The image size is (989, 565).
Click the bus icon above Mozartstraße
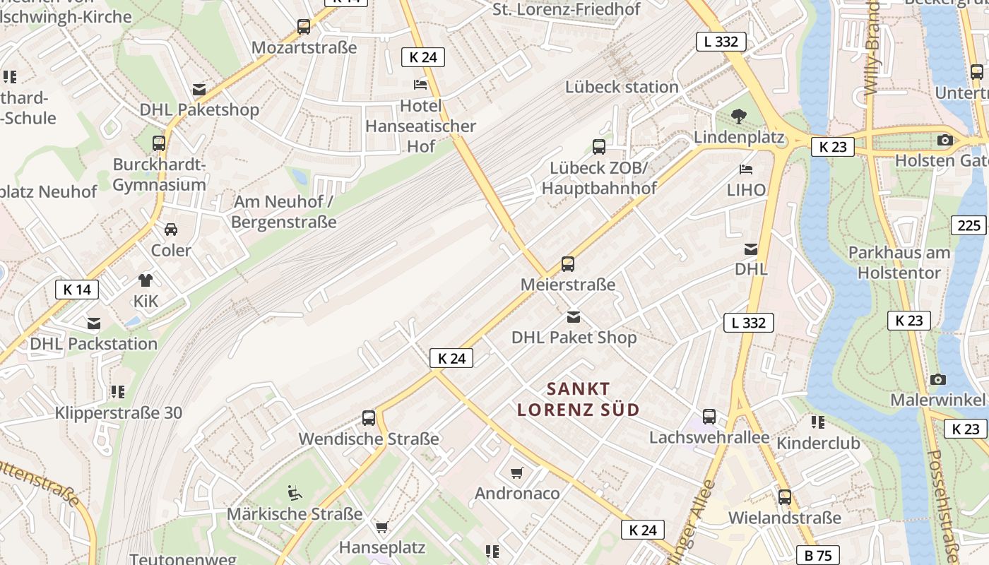click(304, 27)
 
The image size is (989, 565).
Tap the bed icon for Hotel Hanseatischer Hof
click(420, 85)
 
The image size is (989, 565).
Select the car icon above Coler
click(171, 230)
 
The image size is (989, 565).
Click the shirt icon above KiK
click(146, 280)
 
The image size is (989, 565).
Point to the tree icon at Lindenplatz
click(739, 117)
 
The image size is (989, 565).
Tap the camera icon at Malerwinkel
click(938, 379)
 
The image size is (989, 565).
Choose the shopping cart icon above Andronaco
click(517, 472)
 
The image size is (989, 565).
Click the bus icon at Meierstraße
click(568, 264)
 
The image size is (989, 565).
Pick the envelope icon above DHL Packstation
click(94, 323)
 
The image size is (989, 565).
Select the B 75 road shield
click(818, 555)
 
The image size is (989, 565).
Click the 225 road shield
click(969, 225)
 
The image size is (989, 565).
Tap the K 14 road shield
click(77, 289)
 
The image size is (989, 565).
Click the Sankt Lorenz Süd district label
click(579, 399)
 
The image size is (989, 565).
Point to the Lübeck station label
click(622, 87)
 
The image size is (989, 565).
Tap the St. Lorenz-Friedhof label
click(567, 9)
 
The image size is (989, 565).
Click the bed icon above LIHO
click(746, 169)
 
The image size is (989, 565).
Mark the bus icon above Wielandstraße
click(785, 497)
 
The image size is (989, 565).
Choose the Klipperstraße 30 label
click(119, 413)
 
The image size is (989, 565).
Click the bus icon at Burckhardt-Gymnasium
click(159, 143)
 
